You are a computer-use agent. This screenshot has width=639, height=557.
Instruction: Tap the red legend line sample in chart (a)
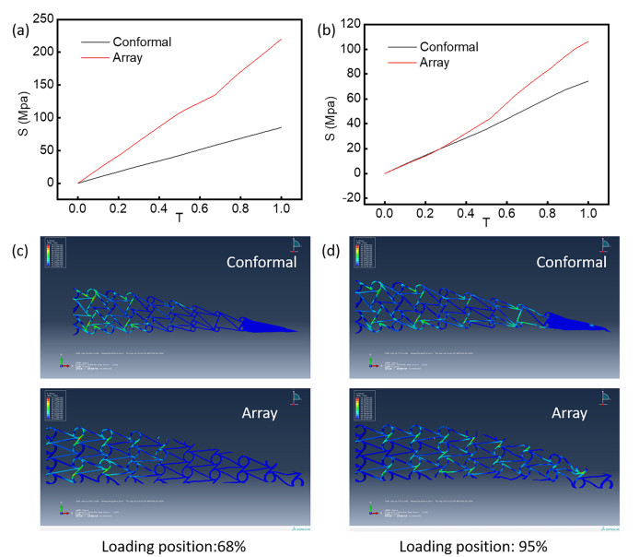[94, 57]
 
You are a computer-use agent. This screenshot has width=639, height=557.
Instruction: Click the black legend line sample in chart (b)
[401, 46]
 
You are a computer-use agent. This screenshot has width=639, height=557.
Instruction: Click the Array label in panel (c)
[253, 412]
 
